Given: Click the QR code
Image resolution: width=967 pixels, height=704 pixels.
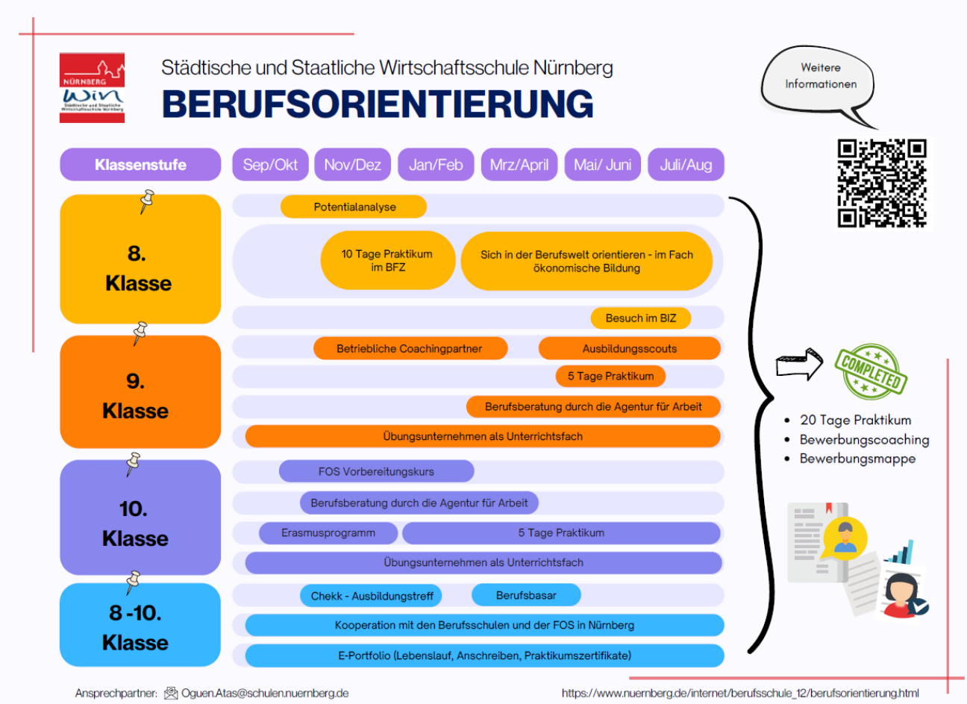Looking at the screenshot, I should click(881, 183).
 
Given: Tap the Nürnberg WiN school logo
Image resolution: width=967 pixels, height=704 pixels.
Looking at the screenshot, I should click(92, 87).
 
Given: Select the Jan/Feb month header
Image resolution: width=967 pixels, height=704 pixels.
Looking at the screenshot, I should click(436, 165).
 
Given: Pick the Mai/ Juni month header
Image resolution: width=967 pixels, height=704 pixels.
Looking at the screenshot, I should click(602, 165).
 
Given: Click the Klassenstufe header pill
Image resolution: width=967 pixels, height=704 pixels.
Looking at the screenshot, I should click(140, 165).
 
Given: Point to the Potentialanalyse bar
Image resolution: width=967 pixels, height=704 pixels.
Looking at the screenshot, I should click(354, 207).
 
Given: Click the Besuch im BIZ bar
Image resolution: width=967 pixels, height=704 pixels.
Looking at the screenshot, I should click(640, 318).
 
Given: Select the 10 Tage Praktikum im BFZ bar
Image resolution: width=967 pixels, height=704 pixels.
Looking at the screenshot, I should click(387, 260).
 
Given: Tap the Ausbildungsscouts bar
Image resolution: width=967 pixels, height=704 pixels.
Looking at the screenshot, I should click(629, 348).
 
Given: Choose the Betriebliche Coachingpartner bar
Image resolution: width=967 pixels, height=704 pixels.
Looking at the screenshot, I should click(410, 348).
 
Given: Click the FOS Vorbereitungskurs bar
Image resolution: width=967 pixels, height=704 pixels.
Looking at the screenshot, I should click(376, 471).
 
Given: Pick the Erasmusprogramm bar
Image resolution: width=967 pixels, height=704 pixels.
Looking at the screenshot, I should click(328, 532).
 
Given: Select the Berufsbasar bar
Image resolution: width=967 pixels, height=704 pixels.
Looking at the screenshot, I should click(526, 595).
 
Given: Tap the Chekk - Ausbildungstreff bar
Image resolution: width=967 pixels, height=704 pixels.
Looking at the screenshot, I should click(372, 596).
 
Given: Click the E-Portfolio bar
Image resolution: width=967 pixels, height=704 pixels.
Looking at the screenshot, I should click(484, 656).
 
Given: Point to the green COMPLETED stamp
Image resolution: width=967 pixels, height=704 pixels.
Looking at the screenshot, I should click(871, 371).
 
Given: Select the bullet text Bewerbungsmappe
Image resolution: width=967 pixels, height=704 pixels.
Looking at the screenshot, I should click(857, 459).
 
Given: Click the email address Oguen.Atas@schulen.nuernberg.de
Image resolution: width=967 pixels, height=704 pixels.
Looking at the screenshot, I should click(265, 693).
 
